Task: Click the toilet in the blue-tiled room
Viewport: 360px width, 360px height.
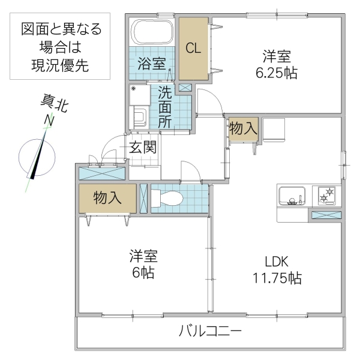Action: [x=169, y=198]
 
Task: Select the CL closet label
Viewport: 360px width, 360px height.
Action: [x=193, y=49]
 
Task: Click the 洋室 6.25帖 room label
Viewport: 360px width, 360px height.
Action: [x=276, y=65]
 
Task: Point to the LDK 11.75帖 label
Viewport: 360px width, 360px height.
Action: [x=277, y=270]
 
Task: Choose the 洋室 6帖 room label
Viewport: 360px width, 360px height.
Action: [x=144, y=265]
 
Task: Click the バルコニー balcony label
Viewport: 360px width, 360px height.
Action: [x=210, y=331]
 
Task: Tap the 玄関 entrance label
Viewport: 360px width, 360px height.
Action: [x=144, y=147]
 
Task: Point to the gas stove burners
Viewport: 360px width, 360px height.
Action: [x=326, y=196]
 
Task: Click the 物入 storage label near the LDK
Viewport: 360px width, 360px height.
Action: [x=244, y=128]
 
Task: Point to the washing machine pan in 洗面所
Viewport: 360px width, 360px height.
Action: [x=140, y=97]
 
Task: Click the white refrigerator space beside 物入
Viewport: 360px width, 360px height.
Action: [x=274, y=130]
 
